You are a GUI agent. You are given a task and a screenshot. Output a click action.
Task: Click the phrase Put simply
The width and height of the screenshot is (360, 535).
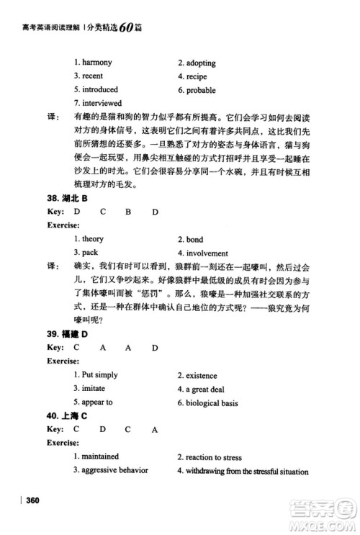[99, 375]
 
